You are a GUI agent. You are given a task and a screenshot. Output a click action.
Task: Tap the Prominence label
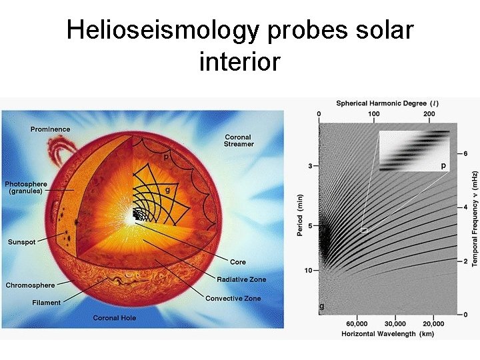click(x=50, y=129)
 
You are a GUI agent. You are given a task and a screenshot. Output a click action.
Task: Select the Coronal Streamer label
click(x=239, y=141)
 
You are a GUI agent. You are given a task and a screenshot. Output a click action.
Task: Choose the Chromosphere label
click(x=31, y=285)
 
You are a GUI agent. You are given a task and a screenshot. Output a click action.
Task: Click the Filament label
click(x=46, y=303)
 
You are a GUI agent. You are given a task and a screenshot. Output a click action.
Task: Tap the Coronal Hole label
click(x=114, y=318)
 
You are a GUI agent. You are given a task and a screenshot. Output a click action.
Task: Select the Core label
click(x=238, y=262)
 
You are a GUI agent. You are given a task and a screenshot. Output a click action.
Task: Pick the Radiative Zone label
click(x=241, y=279)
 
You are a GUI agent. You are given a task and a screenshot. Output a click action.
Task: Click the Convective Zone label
click(x=233, y=298)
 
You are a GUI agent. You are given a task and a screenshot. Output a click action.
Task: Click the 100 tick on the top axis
click(x=373, y=114)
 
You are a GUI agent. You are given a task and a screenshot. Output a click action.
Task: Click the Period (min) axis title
click(x=300, y=215)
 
